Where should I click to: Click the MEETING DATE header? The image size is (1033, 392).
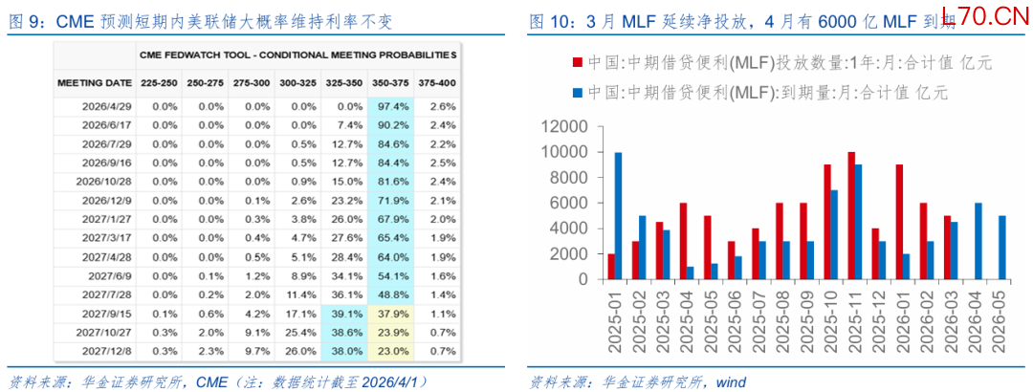pyautogui.click(x=93, y=83)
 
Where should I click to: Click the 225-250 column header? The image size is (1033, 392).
pyautogui.click(x=159, y=83)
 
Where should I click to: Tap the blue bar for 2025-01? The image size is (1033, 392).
pyautogui.click(x=619, y=216)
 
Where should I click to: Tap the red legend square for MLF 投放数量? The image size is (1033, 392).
pyautogui.click(x=578, y=63)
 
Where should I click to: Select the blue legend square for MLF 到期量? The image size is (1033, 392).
pyautogui.click(x=578, y=93)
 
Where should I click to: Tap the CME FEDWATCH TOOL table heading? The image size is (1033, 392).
pyautogui.click(x=297, y=54)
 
